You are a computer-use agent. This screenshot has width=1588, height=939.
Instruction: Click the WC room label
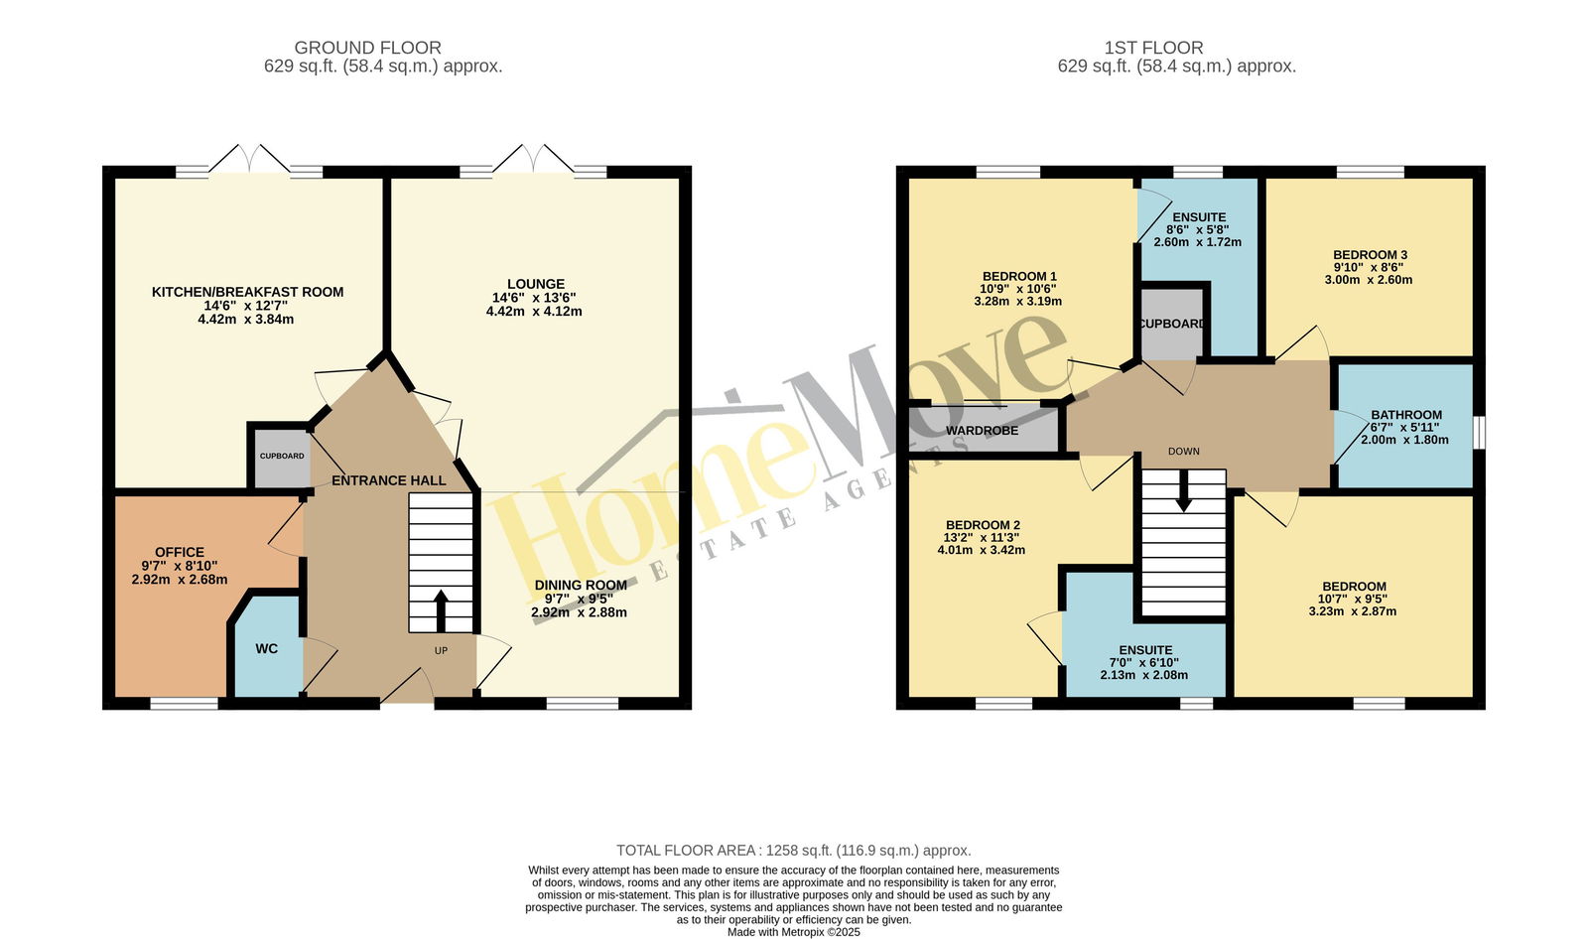pos(267,649)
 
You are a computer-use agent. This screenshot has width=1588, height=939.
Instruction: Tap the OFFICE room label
pos(180,553)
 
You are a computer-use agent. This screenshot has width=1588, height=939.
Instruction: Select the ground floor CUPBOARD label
pos(282,456)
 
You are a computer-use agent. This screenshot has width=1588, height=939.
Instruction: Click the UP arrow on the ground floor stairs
pos(441,610)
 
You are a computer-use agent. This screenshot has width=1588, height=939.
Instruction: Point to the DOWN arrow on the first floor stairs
pos(1183,490)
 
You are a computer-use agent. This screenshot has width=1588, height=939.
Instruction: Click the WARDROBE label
pos(982,431)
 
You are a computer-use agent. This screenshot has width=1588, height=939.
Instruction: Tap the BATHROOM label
pos(1406,415)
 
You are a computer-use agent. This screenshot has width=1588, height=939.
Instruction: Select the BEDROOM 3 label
pos(1370,255)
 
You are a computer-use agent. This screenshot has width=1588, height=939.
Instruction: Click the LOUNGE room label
pos(536,284)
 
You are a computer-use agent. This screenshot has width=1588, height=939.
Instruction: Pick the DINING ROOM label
pos(581,585)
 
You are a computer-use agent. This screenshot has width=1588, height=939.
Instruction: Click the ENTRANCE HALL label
pos(388,480)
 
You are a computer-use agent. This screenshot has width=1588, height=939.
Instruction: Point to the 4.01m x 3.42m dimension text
pos(982,550)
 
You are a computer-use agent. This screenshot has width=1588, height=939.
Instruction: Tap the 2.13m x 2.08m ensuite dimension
pos(1144,675)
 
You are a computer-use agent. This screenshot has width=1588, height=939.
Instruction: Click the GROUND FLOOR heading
pos(368,48)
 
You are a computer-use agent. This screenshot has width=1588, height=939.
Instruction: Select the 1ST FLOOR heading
pos(1153,48)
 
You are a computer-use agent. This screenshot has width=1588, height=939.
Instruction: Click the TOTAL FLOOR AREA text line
pos(794,851)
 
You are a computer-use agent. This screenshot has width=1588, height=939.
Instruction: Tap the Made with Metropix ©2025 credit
pos(794,932)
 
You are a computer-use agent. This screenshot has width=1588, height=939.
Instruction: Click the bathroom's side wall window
pos(1480,433)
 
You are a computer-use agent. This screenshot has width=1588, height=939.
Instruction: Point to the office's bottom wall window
pos(185,704)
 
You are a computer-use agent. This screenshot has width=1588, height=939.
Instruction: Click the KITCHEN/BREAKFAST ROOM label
pos(247,292)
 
